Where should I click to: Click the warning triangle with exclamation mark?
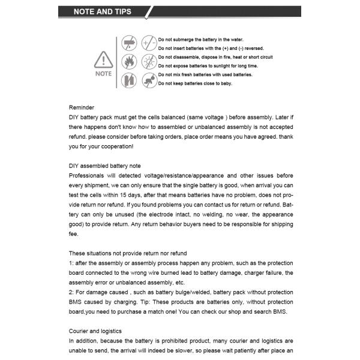tap(103, 59)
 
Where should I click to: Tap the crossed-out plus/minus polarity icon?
tap(148, 43)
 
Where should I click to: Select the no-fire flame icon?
tap(129, 61)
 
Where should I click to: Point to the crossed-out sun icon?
tap(148, 61)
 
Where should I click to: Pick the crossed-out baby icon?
tap(148, 80)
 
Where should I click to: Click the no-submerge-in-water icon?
tap(129, 43)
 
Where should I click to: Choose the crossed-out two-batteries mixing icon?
tap(129, 80)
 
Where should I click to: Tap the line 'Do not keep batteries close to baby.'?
tap(195, 83)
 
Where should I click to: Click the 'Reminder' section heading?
tap(82, 107)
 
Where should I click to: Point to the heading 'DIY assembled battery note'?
tap(105, 166)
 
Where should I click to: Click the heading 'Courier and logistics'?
tap(95, 331)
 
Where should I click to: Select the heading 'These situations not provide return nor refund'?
tap(128, 253)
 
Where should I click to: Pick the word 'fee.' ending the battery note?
tap(74, 234)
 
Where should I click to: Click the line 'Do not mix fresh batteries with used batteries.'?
tap(205, 74)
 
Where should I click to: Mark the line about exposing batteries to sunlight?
tap(208, 65)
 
